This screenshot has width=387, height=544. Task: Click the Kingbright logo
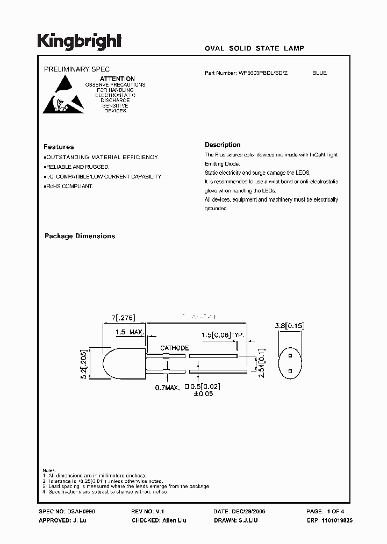(x=79, y=41)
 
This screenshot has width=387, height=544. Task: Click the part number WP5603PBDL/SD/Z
(x=263, y=73)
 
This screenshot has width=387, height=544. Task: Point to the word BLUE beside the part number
(x=319, y=73)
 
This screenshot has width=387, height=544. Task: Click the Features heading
(x=59, y=147)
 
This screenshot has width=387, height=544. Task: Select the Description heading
(x=223, y=145)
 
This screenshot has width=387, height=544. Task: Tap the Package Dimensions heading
(x=80, y=236)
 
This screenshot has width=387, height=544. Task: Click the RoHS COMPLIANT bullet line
(x=69, y=186)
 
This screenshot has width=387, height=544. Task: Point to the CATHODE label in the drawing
(x=174, y=348)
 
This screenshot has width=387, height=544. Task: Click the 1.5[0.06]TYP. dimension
(x=224, y=335)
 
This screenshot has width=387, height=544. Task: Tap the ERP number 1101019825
(x=336, y=521)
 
